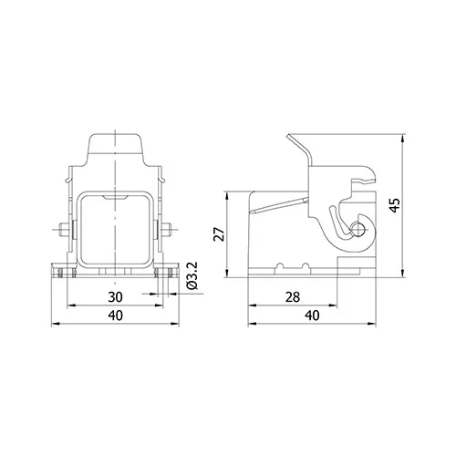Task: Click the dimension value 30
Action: pos(115,297)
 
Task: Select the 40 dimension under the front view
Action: pos(116,316)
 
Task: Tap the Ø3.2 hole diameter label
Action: pos(192,275)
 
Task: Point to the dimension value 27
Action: pos(219,233)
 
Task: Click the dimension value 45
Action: pos(395,205)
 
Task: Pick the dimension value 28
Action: pos(293,297)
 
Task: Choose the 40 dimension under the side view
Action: pos(312,316)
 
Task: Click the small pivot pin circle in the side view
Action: pos(358,229)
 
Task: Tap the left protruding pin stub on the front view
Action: pos(65,229)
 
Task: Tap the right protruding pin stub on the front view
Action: pos(166,229)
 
